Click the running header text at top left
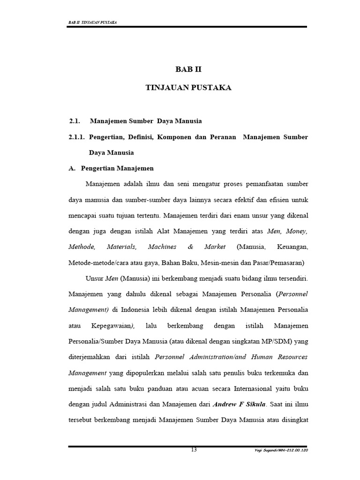click(x=93, y=22)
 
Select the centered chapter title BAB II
click(x=187, y=69)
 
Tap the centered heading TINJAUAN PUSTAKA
click(x=188, y=88)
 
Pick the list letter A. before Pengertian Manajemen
click(x=72, y=168)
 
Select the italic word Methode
click(x=82, y=247)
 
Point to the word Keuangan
click(x=291, y=247)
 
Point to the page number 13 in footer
click(x=194, y=450)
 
